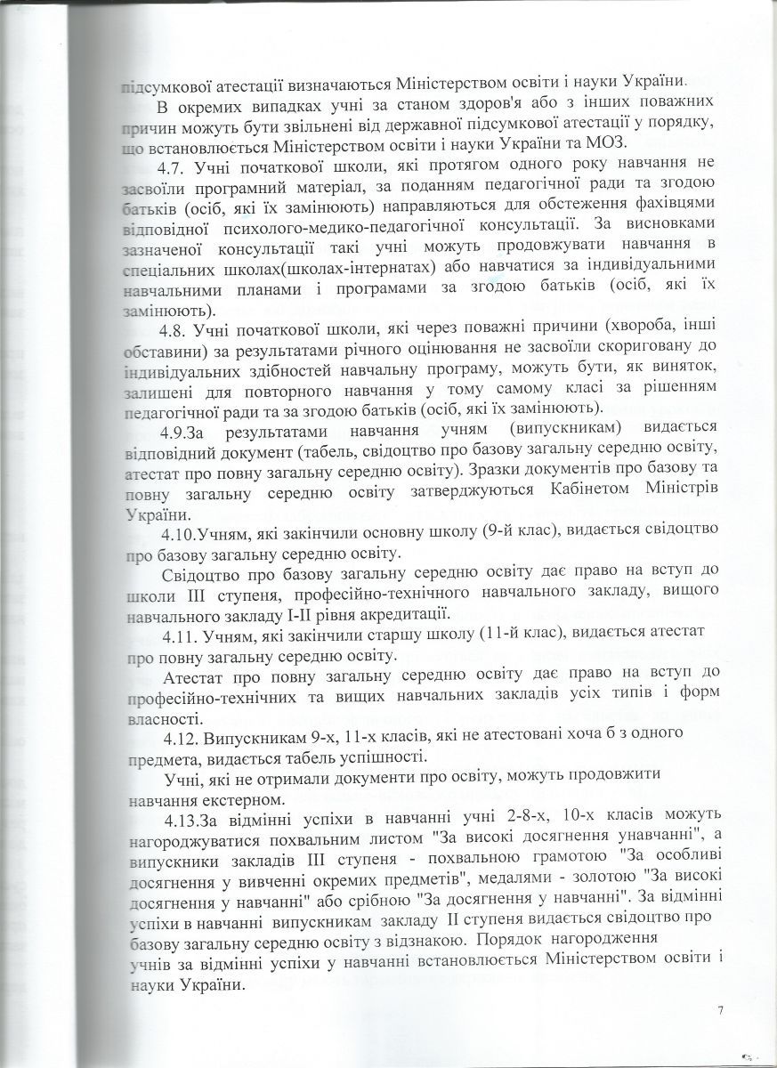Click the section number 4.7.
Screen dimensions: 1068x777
[x=174, y=169]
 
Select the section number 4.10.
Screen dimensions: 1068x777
[x=181, y=535]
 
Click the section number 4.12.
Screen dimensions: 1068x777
[x=182, y=738]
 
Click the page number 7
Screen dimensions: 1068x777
[x=719, y=1009]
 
